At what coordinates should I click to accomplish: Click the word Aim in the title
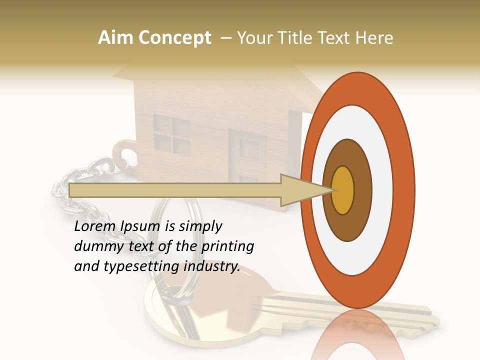click(x=116, y=38)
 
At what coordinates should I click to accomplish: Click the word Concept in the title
click(x=175, y=38)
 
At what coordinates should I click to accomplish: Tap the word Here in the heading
click(x=375, y=38)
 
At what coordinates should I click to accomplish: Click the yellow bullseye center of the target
click(x=343, y=190)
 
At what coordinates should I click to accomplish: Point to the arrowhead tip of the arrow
click(x=334, y=190)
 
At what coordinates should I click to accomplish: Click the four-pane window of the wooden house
click(x=171, y=133)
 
